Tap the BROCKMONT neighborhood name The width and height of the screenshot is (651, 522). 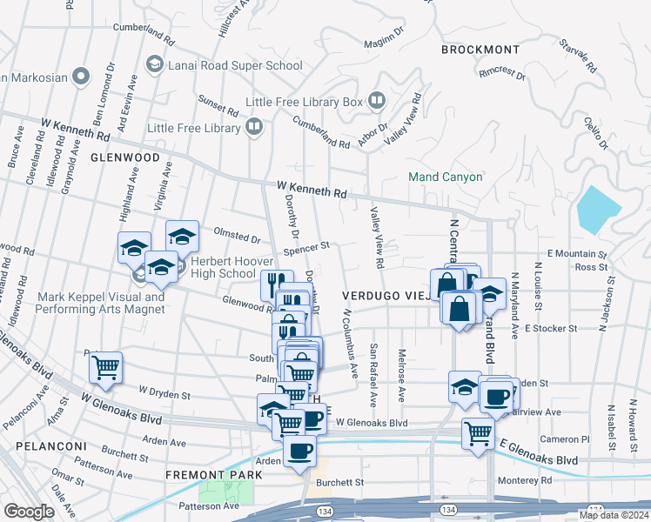(x=480, y=50)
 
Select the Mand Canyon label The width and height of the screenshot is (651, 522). (x=445, y=177)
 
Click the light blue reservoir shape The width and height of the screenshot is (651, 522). (x=598, y=210)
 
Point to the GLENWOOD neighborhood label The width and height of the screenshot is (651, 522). (x=124, y=157)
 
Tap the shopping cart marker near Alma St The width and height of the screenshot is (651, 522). (x=105, y=367)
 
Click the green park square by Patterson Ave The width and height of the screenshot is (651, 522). (x=239, y=492)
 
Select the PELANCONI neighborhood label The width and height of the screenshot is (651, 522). (x=49, y=446)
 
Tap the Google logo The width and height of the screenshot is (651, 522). (x=28, y=512)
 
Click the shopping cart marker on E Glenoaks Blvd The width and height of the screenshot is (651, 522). (x=478, y=432)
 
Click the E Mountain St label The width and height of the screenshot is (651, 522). (x=575, y=254)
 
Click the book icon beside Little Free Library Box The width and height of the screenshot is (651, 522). (x=377, y=101)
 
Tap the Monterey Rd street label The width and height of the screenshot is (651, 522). (x=524, y=480)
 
